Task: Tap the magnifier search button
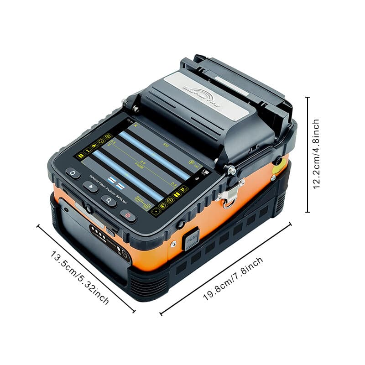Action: point(109,200)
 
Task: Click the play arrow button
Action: point(91,187)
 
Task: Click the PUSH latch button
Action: point(191,239)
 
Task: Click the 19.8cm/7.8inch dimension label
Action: point(233,278)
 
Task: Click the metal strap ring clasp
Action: point(227,196)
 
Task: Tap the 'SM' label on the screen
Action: point(166,145)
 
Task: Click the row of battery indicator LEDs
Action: point(97,230)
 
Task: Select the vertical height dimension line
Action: point(308,154)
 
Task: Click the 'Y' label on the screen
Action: point(109,145)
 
